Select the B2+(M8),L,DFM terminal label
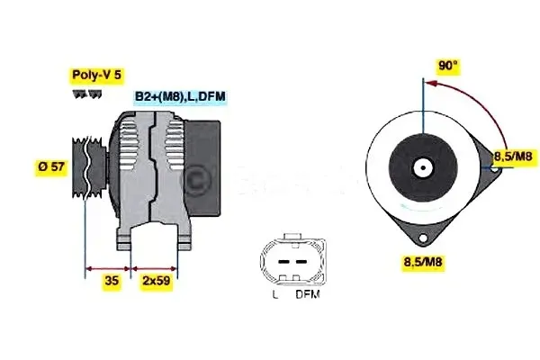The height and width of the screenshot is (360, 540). click(180, 96)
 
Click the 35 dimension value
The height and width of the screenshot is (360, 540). click(111, 281)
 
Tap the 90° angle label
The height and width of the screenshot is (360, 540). click(448, 66)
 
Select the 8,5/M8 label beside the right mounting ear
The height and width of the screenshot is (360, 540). click(515, 157)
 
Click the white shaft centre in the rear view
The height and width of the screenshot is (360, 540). click(421, 168)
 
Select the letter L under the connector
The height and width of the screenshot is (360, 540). click(275, 294)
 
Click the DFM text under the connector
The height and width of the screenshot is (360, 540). click(308, 294)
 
